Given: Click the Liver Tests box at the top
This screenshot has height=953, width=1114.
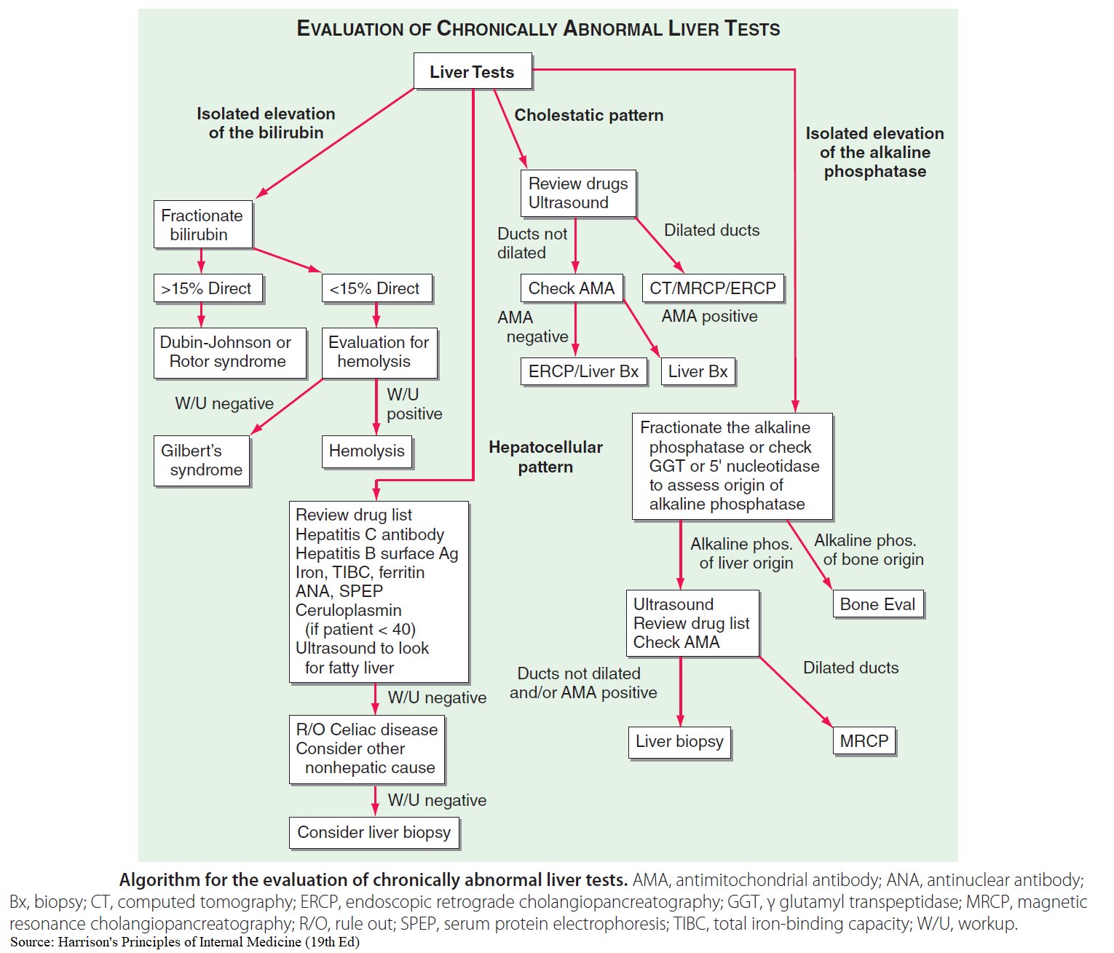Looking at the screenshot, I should (x=472, y=71).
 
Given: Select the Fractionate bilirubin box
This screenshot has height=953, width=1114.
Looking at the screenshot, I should (x=202, y=224).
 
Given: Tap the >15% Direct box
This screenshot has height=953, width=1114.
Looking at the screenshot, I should (x=208, y=288).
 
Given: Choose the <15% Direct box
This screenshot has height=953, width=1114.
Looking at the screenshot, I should (x=376, y=288).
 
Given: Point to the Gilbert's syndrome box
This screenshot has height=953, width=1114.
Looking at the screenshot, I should (x=202, y=460).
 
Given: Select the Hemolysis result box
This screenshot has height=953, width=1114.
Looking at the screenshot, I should (x=367, y=451).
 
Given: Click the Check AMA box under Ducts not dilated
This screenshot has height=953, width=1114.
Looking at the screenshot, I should (x=571, y=288).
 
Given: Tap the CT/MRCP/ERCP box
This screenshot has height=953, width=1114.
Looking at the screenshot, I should (x=712, y=288).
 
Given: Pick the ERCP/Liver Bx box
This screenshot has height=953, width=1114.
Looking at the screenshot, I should (x=583, y=371).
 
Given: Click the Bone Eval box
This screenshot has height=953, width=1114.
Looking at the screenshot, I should (x=877, y=604).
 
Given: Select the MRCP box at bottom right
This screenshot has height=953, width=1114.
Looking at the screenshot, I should (x=864, y=741).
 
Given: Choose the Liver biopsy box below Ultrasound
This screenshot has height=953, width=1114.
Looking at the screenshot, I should (x=679, y=742).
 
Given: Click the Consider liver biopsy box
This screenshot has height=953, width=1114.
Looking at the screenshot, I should (x=374, y=833).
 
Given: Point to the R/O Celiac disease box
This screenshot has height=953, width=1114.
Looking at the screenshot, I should (x=366, y=748).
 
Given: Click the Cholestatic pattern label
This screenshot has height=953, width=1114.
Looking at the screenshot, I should (x=588, y=115).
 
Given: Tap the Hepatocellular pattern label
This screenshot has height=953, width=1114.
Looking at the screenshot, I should (x=545, y=457).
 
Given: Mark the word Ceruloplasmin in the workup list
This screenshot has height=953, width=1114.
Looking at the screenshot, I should (x=348, y=610).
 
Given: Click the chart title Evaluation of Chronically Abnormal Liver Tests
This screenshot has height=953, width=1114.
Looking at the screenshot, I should (x=538, y=29).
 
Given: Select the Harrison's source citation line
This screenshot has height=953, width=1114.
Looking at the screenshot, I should (x=185, y=942).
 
